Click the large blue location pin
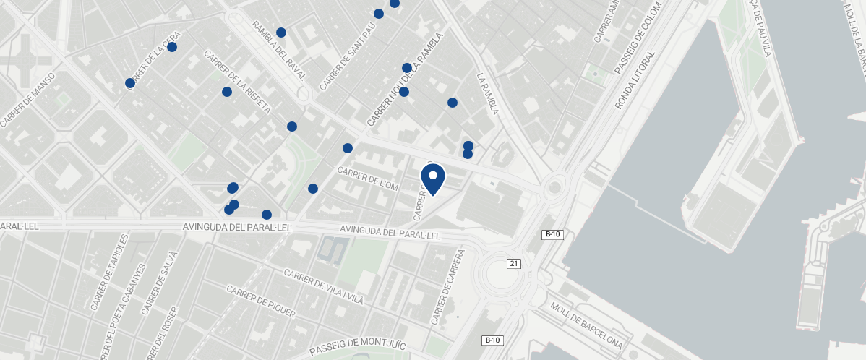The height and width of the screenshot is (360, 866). pos(433,179)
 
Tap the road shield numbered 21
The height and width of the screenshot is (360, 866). pos(514,264)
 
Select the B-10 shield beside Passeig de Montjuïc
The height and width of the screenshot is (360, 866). pos(492,340)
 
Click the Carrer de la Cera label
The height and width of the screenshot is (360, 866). pos(153,59)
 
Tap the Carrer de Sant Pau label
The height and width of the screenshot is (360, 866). pos(348,55)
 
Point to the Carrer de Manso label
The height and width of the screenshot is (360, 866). pos(28,100)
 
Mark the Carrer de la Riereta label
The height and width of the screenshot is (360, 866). pos(237,82)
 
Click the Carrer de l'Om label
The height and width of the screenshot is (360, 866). pos(368,180)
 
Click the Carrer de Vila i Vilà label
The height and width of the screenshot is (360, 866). pos(323,287)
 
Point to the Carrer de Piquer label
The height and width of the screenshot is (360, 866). pos(261,301)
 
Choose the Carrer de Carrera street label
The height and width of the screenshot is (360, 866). pos(447,287)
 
